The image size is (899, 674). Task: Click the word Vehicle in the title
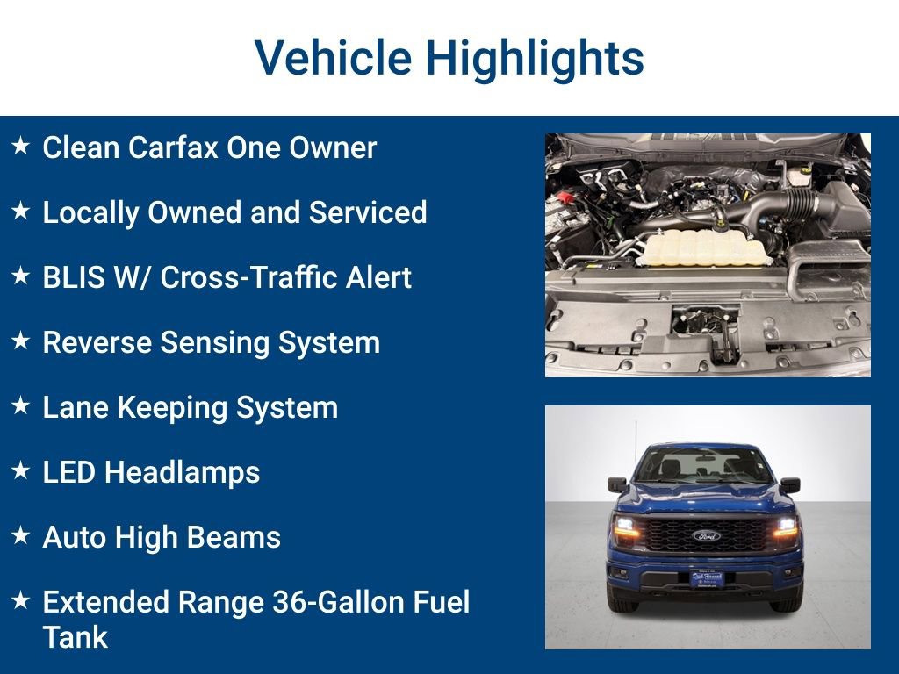[x=333, y=58]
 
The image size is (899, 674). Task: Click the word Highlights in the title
[x=535, y=58]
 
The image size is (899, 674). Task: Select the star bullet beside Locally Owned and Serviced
[x=21, y=212]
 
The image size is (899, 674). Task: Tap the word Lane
[x=73, y=407]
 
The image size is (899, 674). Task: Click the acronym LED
[x=69, y=472]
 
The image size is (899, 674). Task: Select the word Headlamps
[x=183, y=472]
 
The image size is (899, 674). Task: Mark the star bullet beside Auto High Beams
[x=21, y=536]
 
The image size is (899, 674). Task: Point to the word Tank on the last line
[x=75, y=637]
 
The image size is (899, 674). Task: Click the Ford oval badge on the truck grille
[x=706, y=535]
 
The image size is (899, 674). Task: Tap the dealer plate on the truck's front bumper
[x=706, y=578]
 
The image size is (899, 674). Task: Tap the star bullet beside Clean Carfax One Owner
[x=21, y=147]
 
